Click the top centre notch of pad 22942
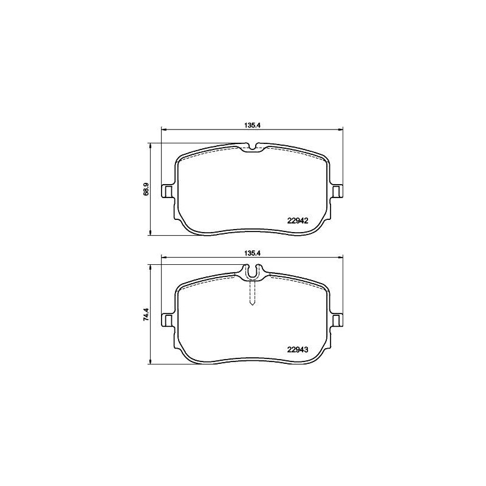[252, 147]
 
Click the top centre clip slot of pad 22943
[252, 275]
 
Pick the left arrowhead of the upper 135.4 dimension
[162, 129]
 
